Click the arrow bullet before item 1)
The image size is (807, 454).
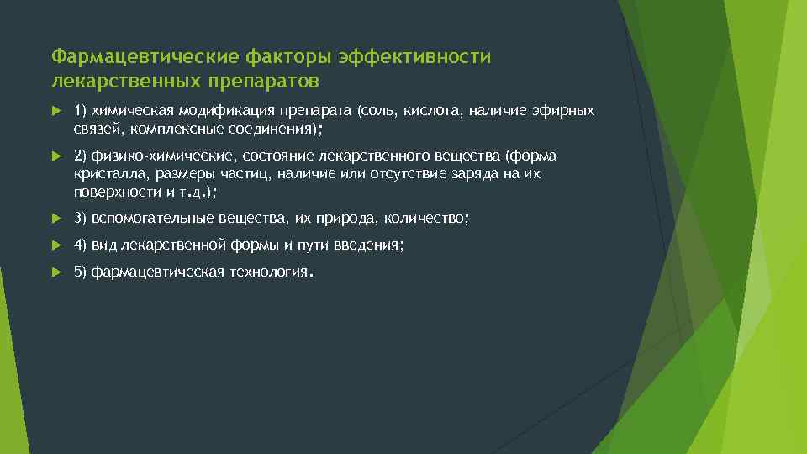(x=55, y=111)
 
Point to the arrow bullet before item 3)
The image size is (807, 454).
(x=55, y=219)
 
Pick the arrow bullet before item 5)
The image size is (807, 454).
(x=55, y=272)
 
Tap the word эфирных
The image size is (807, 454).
(x=564, y=111)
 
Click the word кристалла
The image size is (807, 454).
(x=103, y=173)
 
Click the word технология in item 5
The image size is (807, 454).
(x=267, y=272)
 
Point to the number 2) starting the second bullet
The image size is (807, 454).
(x=81, y=156)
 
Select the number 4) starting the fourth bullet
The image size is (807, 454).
(x=81, y=245)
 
